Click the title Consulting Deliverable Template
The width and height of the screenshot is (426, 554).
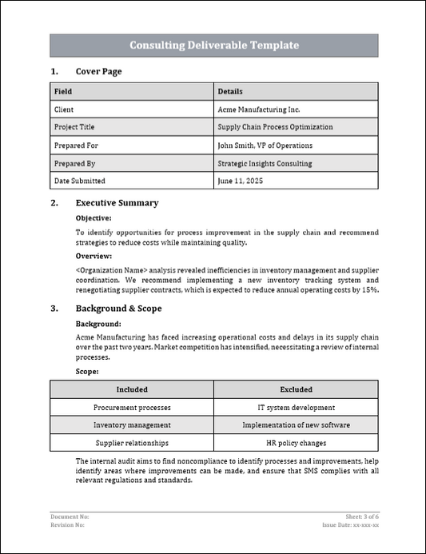214,46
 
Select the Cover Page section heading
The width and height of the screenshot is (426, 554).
98,72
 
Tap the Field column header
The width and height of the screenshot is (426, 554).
63,91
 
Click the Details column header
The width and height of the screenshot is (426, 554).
230,91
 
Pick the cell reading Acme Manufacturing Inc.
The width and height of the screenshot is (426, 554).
259,109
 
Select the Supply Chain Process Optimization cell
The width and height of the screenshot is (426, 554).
275,127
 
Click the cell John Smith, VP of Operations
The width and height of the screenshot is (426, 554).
265,145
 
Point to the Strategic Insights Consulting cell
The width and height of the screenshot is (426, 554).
265,163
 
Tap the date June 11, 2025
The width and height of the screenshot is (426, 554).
240,181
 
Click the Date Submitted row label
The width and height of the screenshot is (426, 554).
79,181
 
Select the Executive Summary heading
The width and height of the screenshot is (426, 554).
117,203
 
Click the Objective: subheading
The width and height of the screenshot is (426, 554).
94,217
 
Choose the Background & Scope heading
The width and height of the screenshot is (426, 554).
118,309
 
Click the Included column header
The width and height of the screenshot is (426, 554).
132,389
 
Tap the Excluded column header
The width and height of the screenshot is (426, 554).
296,389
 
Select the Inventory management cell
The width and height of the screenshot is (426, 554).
132,425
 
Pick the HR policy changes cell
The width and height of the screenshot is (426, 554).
296,443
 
